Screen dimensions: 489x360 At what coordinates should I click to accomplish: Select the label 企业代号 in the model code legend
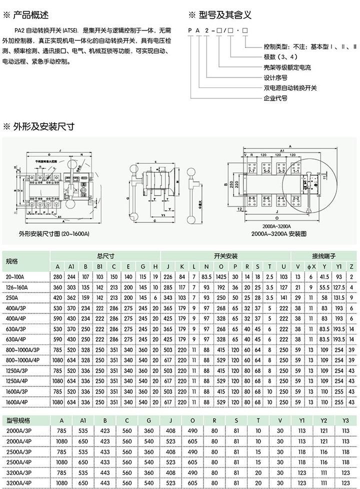(275, 98)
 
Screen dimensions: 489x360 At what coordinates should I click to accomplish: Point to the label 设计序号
(275, 77)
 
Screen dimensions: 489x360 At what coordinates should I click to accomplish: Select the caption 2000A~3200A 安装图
(278, 233)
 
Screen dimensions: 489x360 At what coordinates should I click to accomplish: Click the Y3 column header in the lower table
(345, 420)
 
